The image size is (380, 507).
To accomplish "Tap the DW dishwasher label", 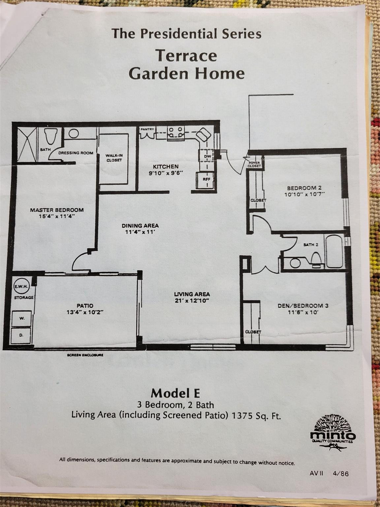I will [x=207, y=156].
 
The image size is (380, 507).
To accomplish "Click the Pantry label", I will [x=147, y=129].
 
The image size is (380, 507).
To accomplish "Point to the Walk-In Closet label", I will [x=114, y=158].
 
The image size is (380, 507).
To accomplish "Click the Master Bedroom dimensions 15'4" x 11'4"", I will [x=57, y=217].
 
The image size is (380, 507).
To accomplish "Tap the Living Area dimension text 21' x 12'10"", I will [x=192, y=300].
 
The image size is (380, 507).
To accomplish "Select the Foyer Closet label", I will [x=254, y=164].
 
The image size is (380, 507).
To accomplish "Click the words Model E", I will [x=175, y=393].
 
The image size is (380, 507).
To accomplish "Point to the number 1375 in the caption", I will [x=243, y=416].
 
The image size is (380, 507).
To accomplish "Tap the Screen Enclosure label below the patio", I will [x=85, y=355].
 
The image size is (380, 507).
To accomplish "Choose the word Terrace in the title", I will [x=187, y=55].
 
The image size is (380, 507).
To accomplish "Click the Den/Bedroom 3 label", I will [x=303, y=306].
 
